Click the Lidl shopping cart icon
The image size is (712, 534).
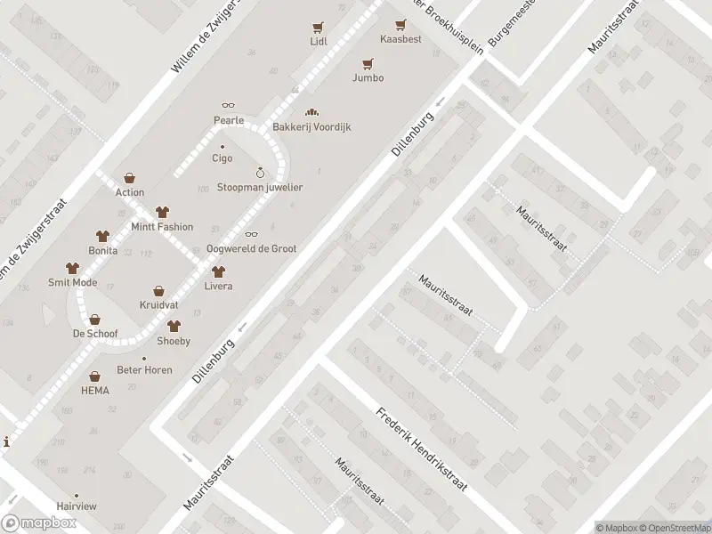[318, 27]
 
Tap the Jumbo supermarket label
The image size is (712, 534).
[368, 77]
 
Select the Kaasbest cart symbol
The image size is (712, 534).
[401, 27]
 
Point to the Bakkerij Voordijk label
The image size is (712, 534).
[311, 126]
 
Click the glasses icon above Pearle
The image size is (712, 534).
[228, 106]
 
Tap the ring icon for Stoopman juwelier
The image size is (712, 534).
[260, 173]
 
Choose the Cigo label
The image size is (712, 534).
[222, 158]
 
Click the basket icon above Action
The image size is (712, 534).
[130, 178]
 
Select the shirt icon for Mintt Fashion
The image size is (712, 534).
[161, 212]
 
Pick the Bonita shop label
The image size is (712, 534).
[103, 252]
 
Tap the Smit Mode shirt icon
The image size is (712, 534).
[72, 268]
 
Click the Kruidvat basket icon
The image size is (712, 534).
[158, 290]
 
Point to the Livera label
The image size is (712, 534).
[218, 286]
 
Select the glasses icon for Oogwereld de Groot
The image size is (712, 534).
[251, 234]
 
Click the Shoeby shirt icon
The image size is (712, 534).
[174, 327]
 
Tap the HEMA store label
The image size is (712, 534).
[94, 391]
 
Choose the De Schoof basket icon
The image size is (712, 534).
[93, 320]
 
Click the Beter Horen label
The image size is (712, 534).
[144, 369]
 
